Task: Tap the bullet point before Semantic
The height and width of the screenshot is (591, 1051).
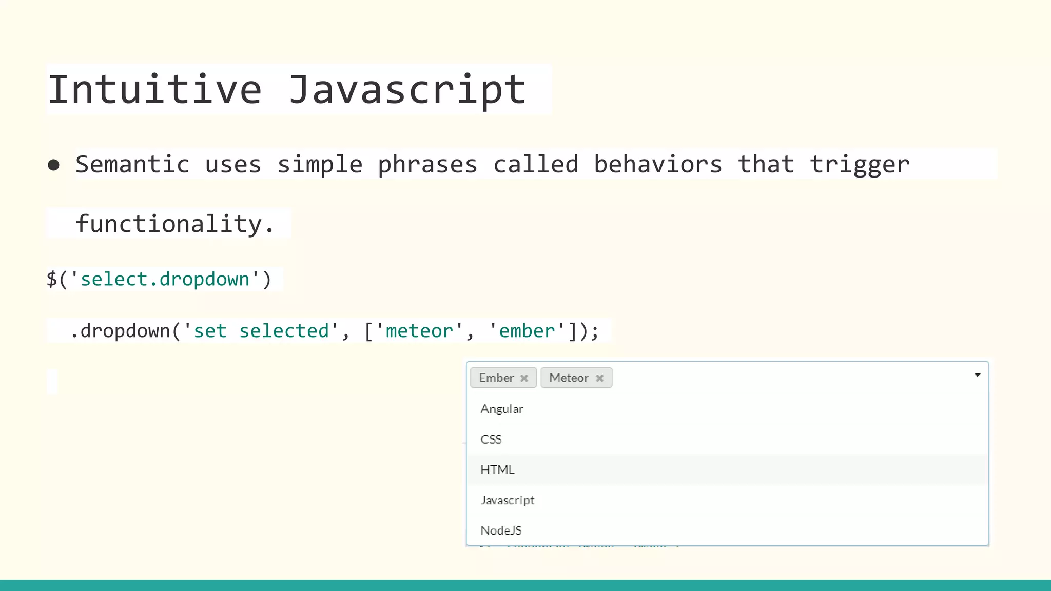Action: [x=53, y=165]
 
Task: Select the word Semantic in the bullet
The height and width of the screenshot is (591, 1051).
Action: [x=132, y=165]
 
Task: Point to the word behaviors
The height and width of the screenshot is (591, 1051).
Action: [x=658, y=165]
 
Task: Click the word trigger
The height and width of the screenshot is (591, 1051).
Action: [x=860, y=165]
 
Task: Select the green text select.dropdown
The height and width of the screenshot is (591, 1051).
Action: [x=165, y=280]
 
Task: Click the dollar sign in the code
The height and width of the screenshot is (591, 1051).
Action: [x=51, y=280]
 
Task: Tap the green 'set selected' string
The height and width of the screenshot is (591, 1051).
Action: [x=261, y=331]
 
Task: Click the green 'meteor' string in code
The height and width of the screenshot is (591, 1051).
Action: [x=419, y=331]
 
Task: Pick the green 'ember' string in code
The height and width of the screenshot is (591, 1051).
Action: [x=527, y=331]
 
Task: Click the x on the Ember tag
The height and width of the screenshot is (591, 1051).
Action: [x=524, y=378]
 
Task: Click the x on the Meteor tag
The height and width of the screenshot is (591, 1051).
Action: [x=599, y=378]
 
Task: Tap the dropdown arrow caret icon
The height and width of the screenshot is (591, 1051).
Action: [x=977, y=375]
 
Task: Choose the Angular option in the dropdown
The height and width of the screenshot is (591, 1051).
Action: [x=502, y=409]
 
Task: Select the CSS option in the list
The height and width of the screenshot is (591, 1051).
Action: [x=491, y=439]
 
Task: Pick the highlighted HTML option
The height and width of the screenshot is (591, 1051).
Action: [x=497, y=469]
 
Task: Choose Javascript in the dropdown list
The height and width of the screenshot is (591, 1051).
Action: [x=508, y=500]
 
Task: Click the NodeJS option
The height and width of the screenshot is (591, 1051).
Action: [x=501, y=530]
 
